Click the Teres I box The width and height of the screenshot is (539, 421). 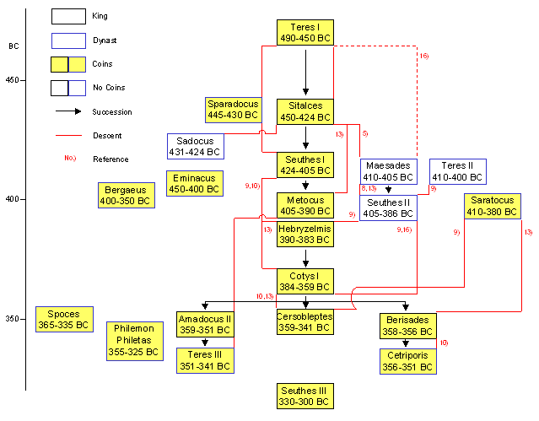305,33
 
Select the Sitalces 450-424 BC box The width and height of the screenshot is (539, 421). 305,111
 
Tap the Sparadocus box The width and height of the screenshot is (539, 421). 234,110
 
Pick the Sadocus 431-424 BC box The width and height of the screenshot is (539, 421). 196,147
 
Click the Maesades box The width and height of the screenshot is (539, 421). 389,171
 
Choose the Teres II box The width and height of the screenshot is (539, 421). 458,171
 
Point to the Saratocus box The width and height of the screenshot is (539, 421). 493,206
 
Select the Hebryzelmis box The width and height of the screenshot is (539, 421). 305,235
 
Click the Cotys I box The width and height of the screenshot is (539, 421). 305,281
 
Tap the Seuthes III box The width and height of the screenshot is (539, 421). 305,397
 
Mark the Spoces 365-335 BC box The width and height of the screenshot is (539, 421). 64,319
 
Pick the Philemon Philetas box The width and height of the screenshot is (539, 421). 135,341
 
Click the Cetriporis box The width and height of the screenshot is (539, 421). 408,361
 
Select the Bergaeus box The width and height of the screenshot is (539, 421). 127,196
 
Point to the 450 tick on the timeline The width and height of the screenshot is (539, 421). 23,80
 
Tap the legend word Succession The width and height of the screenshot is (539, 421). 112,112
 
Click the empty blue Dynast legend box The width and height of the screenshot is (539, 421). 69,41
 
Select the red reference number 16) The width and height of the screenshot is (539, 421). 424,56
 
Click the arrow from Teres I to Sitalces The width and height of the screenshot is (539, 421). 305,73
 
